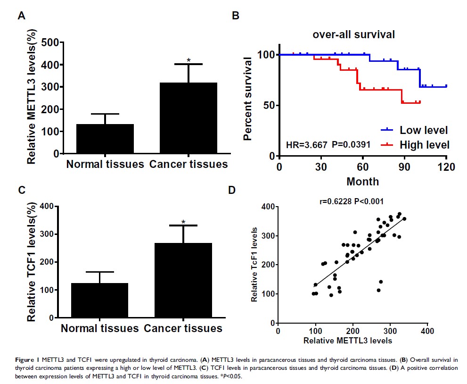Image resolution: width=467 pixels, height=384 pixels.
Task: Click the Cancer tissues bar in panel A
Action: (x=188, y=118)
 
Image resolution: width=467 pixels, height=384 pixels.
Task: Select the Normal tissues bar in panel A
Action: (x=105, y=139)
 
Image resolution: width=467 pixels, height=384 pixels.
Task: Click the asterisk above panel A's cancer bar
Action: (x=188, y=60)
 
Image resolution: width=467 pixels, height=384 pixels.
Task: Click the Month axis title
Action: (x=362, y=181)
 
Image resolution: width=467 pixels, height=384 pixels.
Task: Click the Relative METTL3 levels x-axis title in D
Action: (x=348, y=340)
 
